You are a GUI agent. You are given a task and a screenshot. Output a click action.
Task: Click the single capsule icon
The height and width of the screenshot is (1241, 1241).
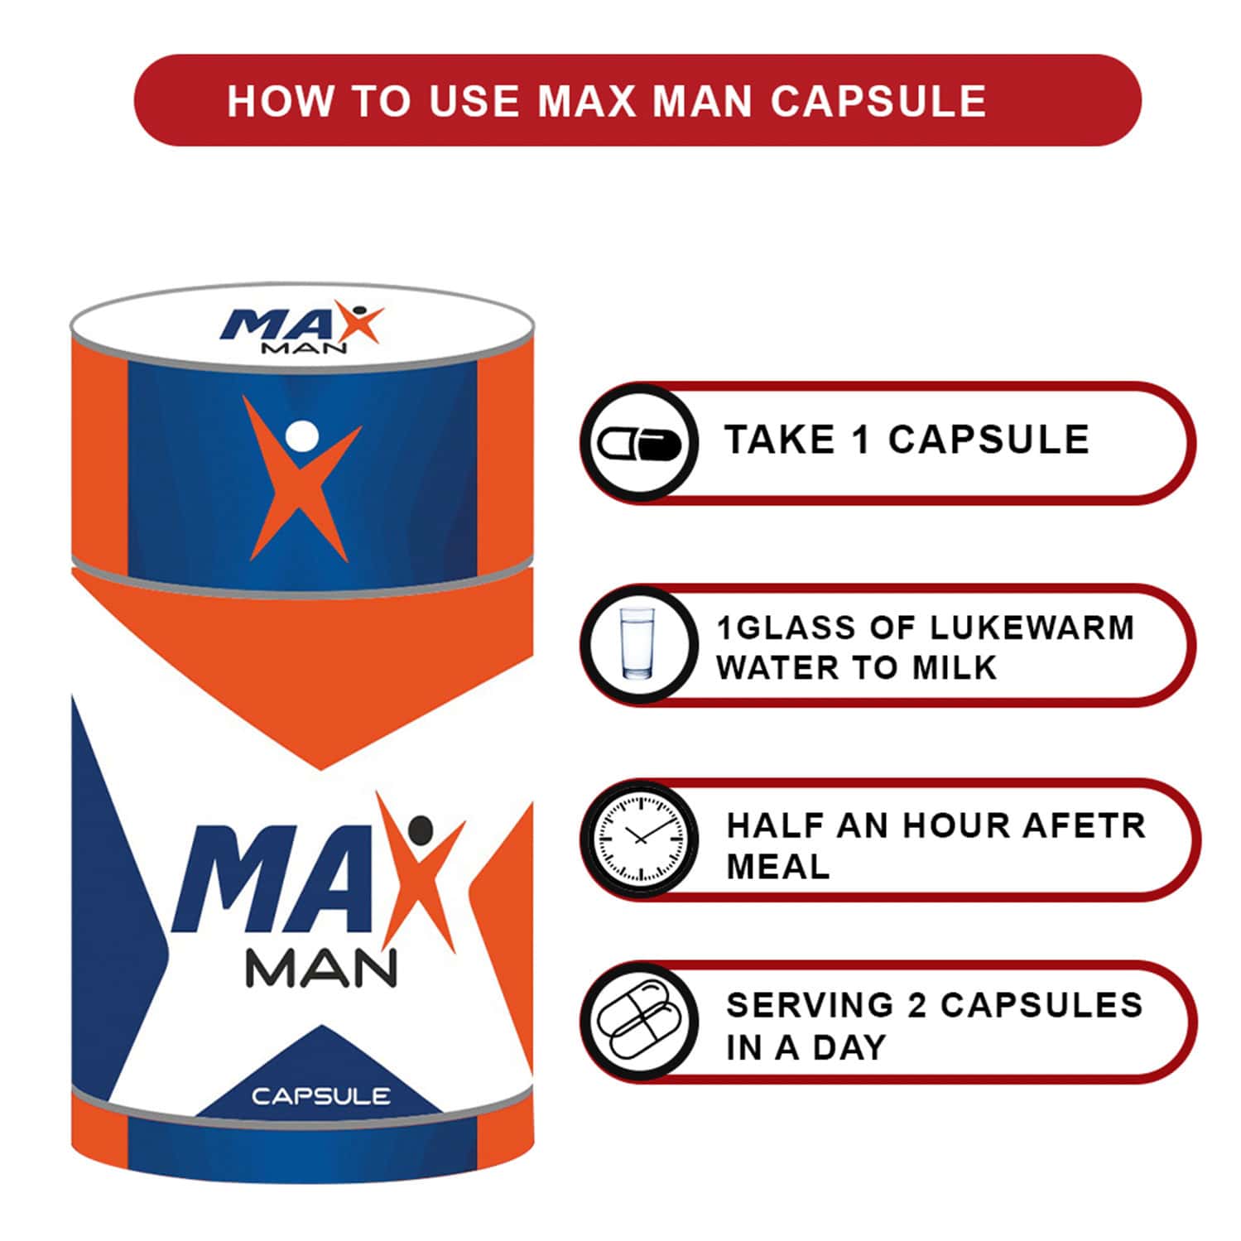(639, 444)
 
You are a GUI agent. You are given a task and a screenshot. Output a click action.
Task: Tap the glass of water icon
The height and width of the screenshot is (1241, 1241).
(637, 645)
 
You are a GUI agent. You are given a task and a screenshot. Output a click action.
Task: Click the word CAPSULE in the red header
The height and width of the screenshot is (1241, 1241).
(878, 101)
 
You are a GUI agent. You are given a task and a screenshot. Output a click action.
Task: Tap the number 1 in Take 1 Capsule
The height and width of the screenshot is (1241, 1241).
(861, 440)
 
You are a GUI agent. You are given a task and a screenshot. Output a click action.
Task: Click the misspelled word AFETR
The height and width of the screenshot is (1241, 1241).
(1084, 825)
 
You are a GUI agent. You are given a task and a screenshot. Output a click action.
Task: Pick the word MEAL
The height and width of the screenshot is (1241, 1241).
(777, 867)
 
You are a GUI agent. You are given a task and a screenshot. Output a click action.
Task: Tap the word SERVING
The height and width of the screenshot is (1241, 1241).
(809, 1005)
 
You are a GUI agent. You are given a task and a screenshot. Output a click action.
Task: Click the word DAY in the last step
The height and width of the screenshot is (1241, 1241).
(849, 1047)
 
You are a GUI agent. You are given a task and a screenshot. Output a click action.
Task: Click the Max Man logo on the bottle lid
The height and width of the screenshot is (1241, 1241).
(301, 329)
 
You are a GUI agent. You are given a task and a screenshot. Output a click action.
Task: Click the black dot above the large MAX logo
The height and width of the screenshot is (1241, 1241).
(421, 828)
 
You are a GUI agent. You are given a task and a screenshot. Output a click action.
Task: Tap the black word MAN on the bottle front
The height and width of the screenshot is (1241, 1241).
(321, 969)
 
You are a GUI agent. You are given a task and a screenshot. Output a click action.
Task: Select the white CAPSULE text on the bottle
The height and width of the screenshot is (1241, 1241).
(320, 1096)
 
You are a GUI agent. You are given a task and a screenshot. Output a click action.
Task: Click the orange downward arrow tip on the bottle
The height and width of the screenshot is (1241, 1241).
(320, 762)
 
